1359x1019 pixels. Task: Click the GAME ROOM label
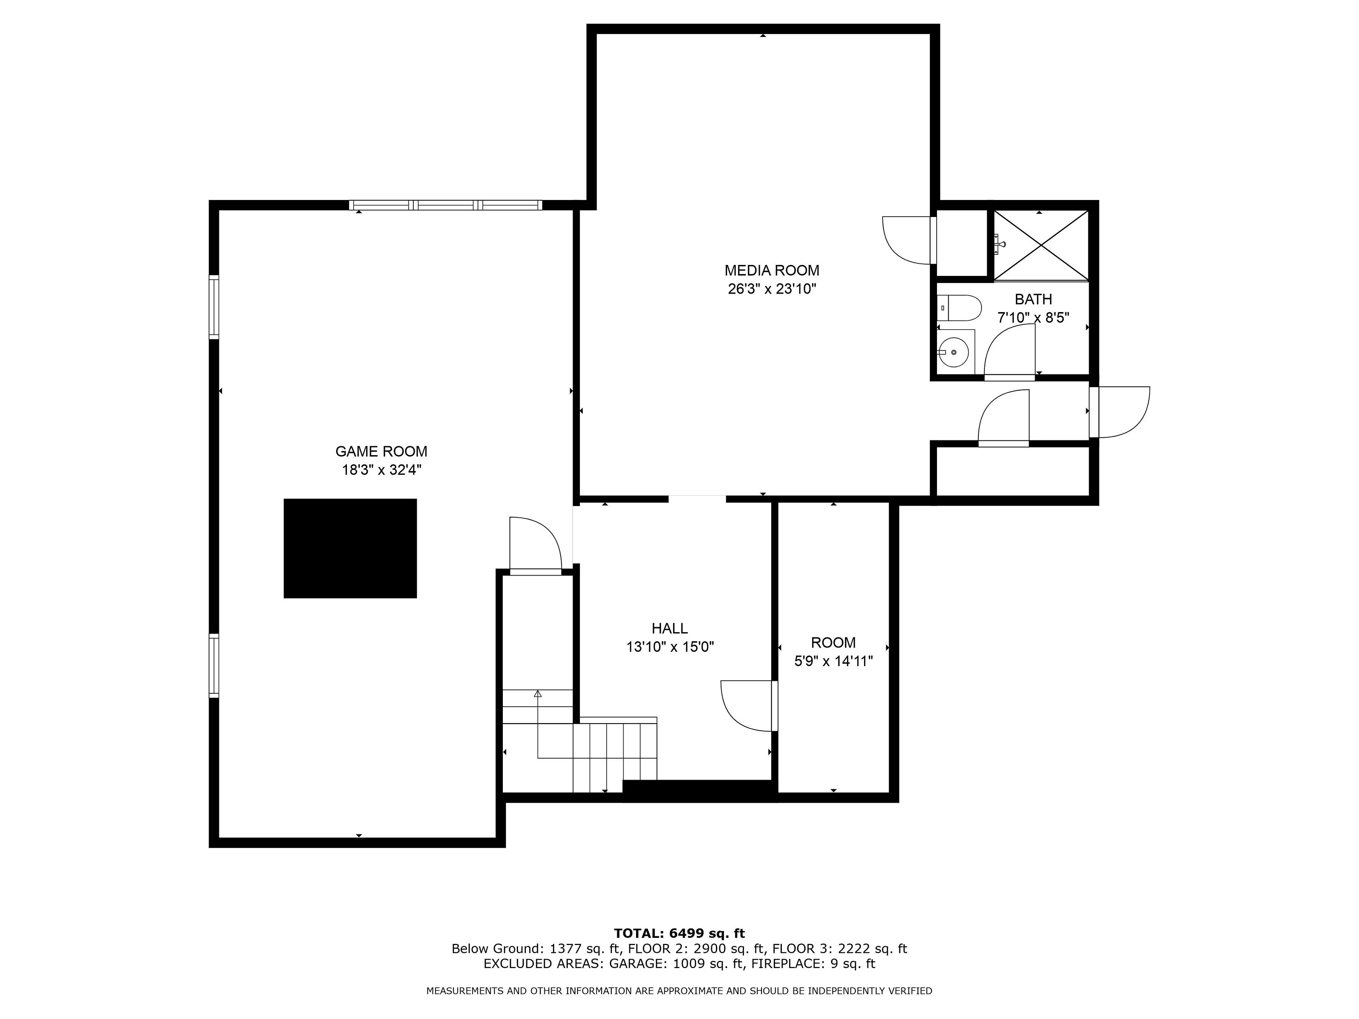click(381, 451)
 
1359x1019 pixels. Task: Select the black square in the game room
click(350, 548)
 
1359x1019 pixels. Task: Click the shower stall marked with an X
click(1040, 245)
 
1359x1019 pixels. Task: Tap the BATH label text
click(1033, 299)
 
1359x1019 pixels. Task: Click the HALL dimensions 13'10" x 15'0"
click(670, 647)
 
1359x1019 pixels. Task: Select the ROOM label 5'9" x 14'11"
click(833, 652)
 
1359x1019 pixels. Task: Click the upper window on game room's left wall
click(214, 307)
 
